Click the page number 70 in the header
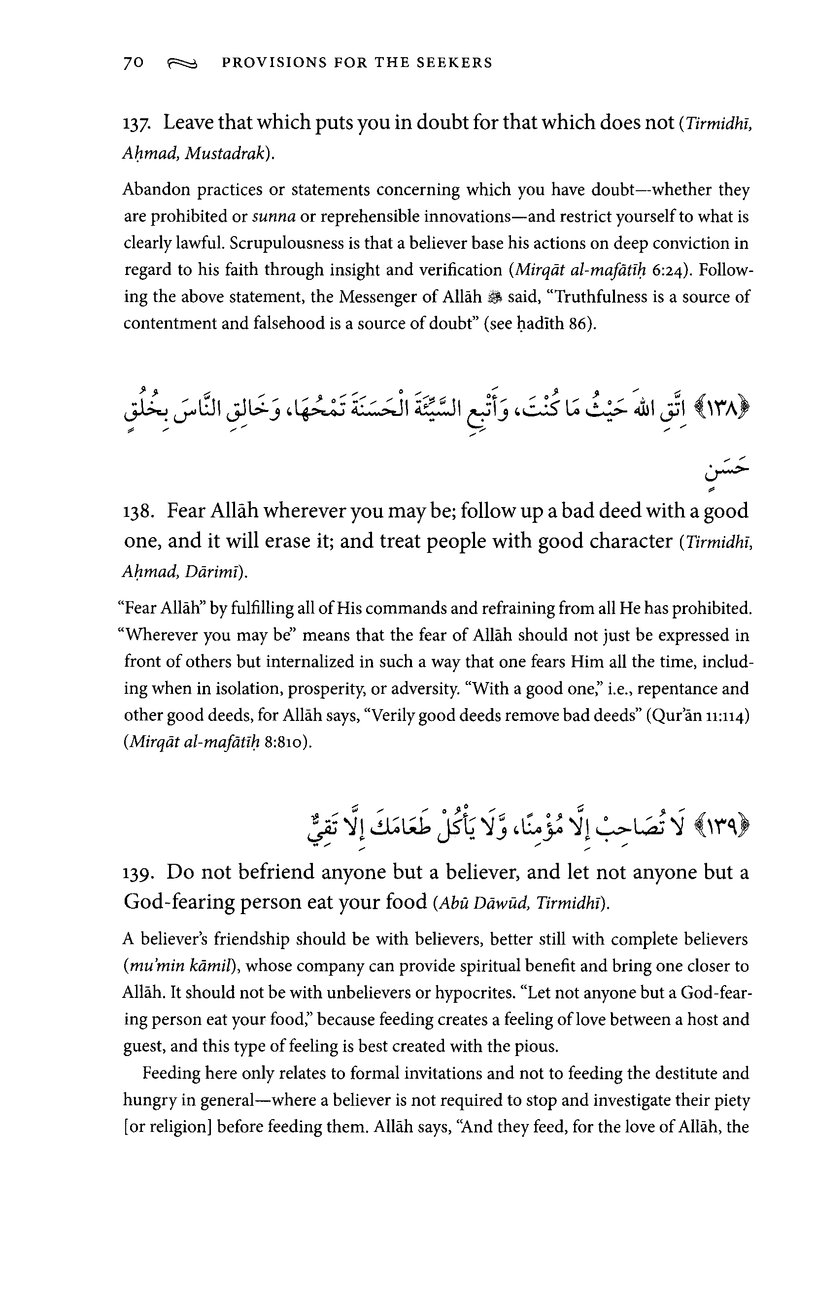[x=134, y=63]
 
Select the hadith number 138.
[x=139, y=512]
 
